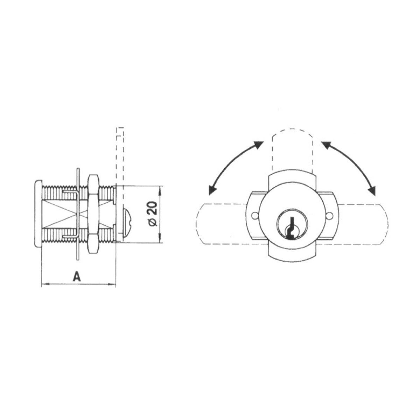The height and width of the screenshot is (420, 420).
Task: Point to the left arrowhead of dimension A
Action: (x=44, y=284)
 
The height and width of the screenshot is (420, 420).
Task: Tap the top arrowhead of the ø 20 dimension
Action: (x=160, y=189)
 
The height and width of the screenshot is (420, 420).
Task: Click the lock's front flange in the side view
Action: (x=37, y=214)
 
